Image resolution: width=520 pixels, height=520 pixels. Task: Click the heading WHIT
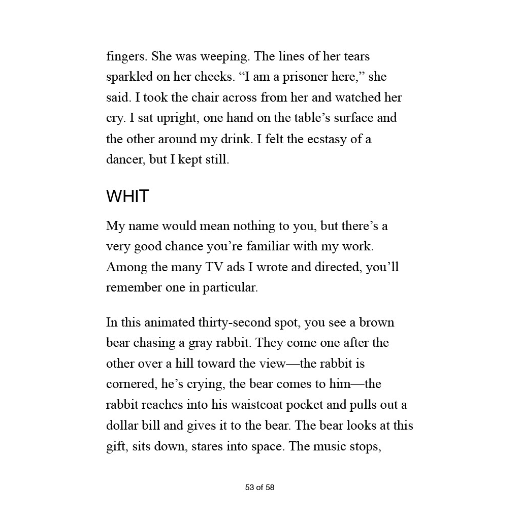click(x=127, y=197)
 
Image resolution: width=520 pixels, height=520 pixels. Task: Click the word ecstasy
click(x=325, y=139)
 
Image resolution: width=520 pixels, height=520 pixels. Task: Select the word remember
click(x=133, y=287)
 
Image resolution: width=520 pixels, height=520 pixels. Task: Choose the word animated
click(x=170, y=322)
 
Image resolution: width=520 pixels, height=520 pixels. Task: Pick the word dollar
click(x=122, y=426)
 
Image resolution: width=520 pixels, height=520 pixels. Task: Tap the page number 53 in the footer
click(x=249, y=487)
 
